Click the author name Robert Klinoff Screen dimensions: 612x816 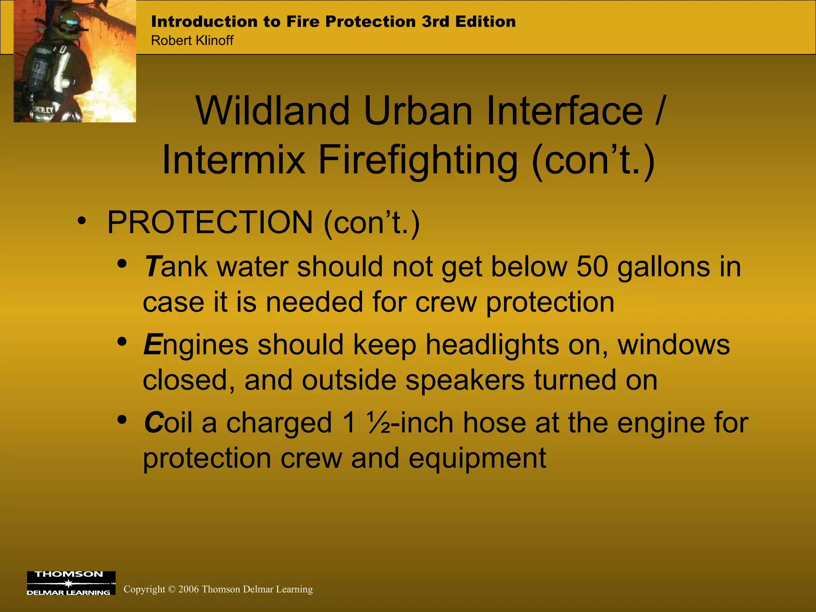click(x=192, y=41)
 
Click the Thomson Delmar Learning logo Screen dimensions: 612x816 click(x=71, y=583)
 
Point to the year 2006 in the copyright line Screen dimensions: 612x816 click(x=189, y=589)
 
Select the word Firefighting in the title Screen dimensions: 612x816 click(x=418, y=160)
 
